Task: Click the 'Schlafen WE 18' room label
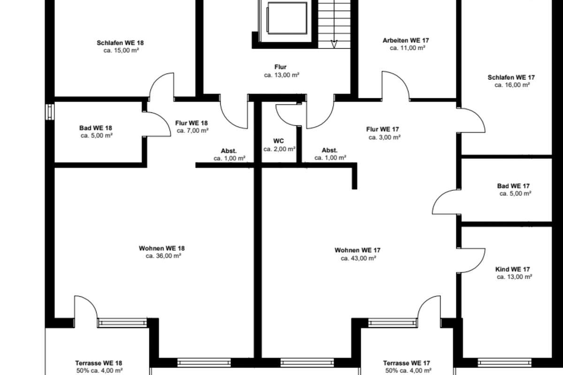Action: tap(120, 43)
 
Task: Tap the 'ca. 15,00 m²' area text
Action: tap(121, 51)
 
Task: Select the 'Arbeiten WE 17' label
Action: tap(406, 40)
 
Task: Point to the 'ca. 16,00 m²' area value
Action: tap(512, 85)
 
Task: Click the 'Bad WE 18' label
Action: tap(96, 128)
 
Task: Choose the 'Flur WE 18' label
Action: tap(191, 123)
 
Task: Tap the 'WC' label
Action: tap(279, 141)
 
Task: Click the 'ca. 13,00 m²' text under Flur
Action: tap(281, 75)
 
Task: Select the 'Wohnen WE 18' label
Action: tap(162, 248)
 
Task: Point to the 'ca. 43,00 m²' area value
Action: tap(358, 258)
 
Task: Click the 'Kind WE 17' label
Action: tap(512, 269)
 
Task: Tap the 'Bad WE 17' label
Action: tap(513, 186)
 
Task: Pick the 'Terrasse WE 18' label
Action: tap(99, 363)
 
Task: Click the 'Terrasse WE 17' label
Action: tap(406, 363)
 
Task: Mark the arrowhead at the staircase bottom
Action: tap(334, 44)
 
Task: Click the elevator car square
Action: tap(287, 18)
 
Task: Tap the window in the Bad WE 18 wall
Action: tap(50, 112)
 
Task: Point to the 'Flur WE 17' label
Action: tap(382, 129)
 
